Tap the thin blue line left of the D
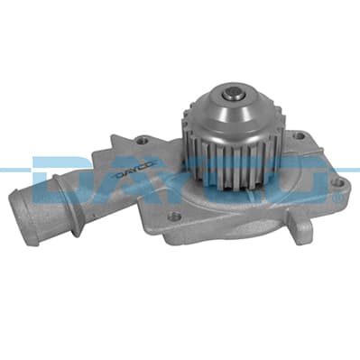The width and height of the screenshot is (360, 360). coord(14,169)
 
